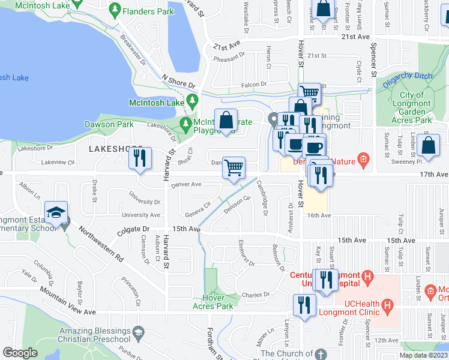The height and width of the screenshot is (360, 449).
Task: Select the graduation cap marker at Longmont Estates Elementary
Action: pyautogui.click(x=56, y=212)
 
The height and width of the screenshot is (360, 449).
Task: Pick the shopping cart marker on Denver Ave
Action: pyautogui.click(x=234, y=168)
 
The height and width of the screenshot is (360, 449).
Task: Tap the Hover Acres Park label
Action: pyautogui.click(x=212, y=302)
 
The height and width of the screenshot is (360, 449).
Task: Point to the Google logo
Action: pyautogui.click(x=20, y=353)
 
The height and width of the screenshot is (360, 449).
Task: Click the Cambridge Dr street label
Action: pyautogui.click(x=263, y=197)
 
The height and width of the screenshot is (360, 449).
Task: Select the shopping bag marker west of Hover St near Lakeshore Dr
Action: pyautogui.click(x=226, y=121)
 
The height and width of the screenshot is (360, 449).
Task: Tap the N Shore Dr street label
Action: pyautogui.click(x=179, y=82)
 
